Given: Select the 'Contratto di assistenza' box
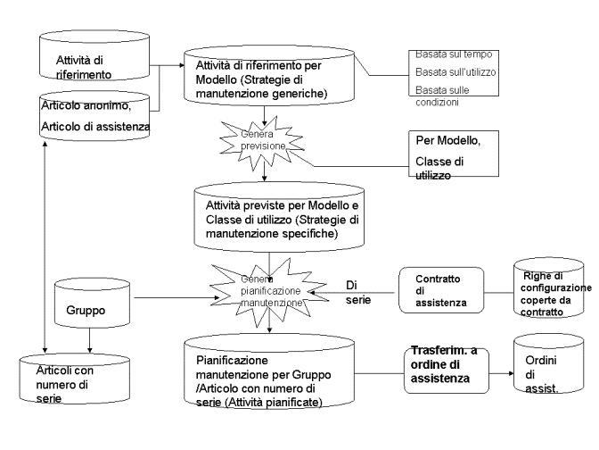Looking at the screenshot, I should pos(440,290).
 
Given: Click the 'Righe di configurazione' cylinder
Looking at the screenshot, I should pos(552,287).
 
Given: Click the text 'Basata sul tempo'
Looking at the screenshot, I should pos(454,55).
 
